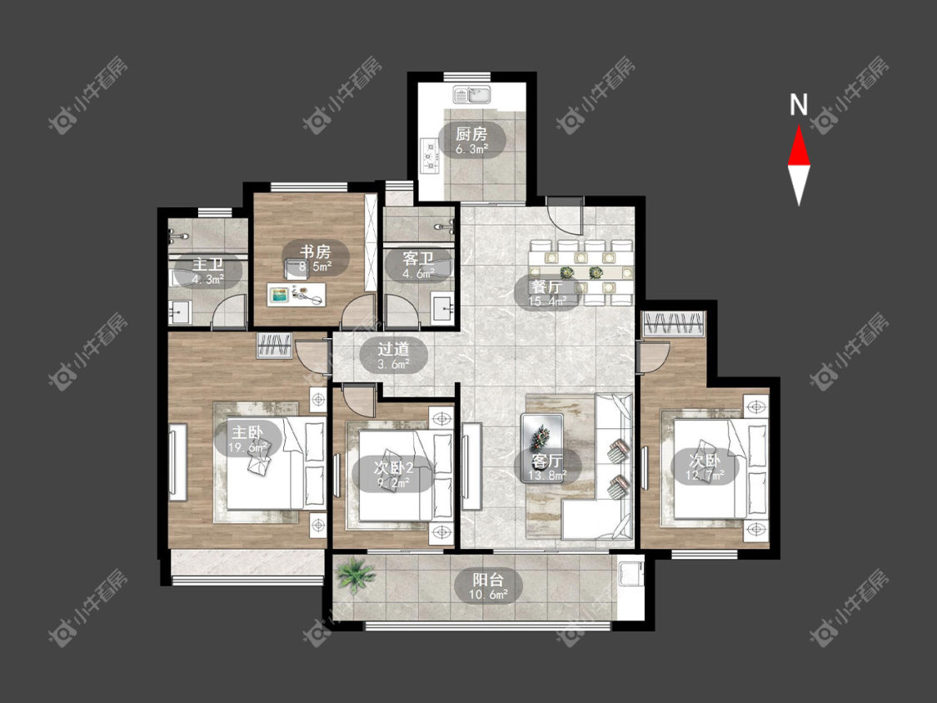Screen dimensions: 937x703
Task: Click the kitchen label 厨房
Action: point(471,134)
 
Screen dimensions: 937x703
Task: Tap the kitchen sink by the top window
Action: point(471,95)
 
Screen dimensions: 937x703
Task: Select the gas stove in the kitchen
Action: point(429,156)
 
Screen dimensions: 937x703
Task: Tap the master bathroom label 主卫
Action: point(207,265)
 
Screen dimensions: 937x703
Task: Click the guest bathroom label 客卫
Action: point(418,259)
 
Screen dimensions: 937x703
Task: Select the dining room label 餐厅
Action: point(546,287)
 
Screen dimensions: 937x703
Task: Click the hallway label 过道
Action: point(393,348)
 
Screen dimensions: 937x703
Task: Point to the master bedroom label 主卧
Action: point(247,431)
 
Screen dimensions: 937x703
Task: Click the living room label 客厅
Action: point(547,461)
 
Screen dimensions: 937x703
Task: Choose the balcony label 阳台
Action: point(488,580)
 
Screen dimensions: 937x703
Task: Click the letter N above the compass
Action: point(799,105)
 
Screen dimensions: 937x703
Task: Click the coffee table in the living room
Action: point(542,440)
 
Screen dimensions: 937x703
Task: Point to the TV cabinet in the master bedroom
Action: point(178,461)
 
